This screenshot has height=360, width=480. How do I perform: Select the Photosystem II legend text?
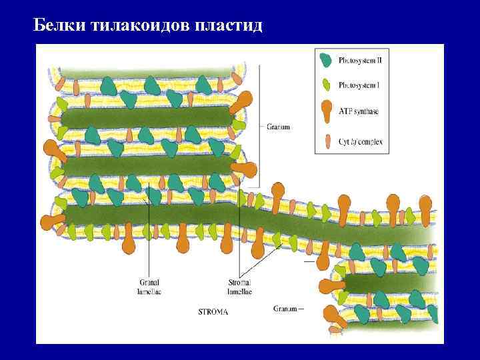click(360, 61)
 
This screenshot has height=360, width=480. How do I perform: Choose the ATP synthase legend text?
click(358, 111)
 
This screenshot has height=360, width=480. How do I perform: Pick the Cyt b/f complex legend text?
click(361, 142)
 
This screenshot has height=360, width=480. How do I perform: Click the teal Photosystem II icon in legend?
click(325, 59)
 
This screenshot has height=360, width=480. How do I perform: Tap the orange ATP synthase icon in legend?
click(326, 111)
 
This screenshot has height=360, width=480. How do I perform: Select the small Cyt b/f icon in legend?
click(326, 141)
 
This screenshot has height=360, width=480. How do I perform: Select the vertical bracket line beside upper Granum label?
click(259, 127)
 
